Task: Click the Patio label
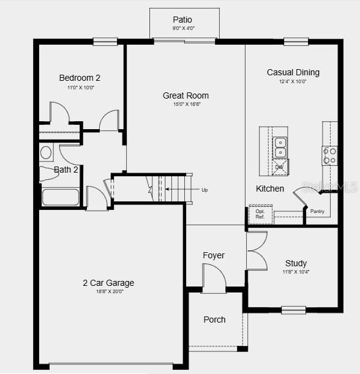(x=182, y=20)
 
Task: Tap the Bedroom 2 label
(x=80, y=78)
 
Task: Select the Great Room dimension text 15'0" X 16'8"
(x=186, y=104)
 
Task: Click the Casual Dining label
(x=293, y=72)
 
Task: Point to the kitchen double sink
(x=280, y=148)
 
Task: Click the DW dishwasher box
(x=279, y=166)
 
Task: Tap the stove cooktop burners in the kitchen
(x=329, y=155)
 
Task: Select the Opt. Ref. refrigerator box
(x=260, y=214)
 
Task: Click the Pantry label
(x=317, y=211)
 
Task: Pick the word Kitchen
(x=270, y=189)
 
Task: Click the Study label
(x=296, y=263)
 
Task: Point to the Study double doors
(x=257, y=251)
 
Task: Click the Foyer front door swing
(x=214, y=279)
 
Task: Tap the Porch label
(x=214, y=320)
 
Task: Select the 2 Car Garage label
(x=108, y=283)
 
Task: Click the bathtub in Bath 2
(x=60, y=197)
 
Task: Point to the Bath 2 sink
(x=46, y=152)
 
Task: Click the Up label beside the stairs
(x=204, y=190)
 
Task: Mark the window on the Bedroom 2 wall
(x=105, y=42)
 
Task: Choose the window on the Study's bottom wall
(x=293, y=310)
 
